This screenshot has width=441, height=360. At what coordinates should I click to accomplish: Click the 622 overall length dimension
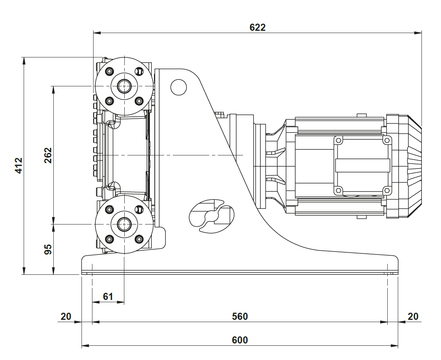[x=257, y=27]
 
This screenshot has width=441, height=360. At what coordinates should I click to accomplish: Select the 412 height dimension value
[x=18, y=166]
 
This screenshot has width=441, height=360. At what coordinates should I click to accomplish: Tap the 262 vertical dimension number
[x=48, y=155]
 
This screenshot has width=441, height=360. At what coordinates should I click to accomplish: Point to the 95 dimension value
[x=48, y=249]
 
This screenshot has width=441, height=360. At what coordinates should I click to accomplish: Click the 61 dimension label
[x=108, y=297]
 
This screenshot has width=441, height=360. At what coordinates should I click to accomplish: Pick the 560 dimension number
[x=240, y=316]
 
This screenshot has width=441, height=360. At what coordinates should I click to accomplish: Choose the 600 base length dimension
[x=240, y=340]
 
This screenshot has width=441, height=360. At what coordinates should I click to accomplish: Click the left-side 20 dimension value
[x=66, y=316]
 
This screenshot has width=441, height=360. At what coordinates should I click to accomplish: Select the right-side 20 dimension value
[x=413, y=316]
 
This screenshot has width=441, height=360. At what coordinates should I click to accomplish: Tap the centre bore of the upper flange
[x=124, y=86]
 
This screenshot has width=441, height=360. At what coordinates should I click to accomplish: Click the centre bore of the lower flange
[x=124, y=224]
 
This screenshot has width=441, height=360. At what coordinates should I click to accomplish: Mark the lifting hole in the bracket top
[x=178, y=87]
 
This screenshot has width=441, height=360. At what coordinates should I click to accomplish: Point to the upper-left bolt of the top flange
[x=109, y=71]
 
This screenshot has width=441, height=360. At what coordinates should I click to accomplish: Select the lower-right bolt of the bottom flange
[x=139, y=238]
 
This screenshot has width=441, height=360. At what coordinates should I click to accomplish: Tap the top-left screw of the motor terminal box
[x=338, y=140]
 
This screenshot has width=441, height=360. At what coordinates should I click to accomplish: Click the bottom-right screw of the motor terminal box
[x=387, y=190]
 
